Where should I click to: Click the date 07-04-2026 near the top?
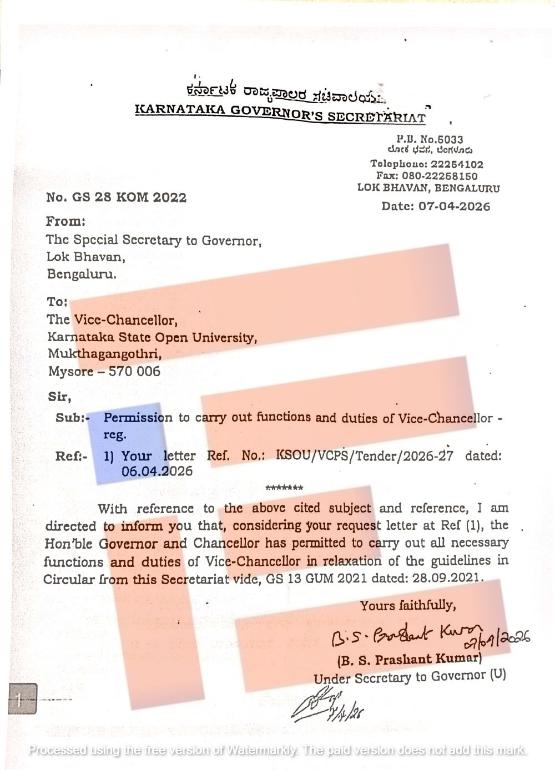coord(454,206)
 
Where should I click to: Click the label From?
coord(65,221)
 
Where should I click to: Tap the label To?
coord(57,302)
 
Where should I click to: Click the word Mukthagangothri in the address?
coord(105,353)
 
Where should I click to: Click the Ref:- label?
coord(72,457)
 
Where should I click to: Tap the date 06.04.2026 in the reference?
coord(157,472)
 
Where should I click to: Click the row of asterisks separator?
coord(284,488)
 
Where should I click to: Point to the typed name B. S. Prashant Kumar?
coord(408,660)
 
